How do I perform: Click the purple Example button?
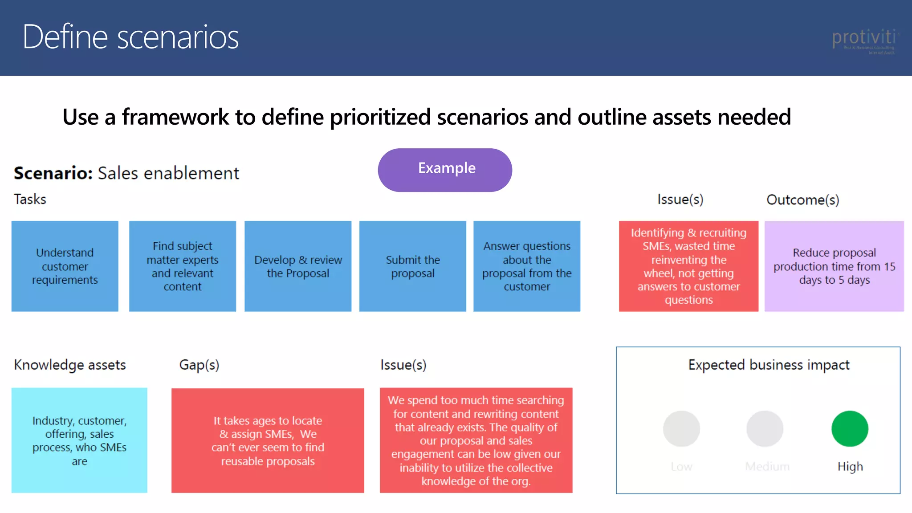click(x=445, y=170)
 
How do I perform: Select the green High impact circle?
click(x=850, y=428)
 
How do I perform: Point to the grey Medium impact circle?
click(x=765, y=428)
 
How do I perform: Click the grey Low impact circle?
click(x=681, y=428)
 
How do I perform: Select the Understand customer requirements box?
click(x=65, y=266)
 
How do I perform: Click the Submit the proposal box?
click(x=412, y=266)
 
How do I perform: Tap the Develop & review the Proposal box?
click(x=298, y=266)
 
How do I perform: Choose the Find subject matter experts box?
click(x=183, y=266)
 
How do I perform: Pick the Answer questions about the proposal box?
click(x=527, y=266)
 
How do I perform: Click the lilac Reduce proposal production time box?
click(x=834, y=266)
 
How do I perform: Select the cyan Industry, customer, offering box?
click(x=79, y=440)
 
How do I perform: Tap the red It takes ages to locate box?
click(x=268, y=440)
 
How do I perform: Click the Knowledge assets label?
click(x=70, y=365)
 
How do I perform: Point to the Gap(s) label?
click(x=199, y=365)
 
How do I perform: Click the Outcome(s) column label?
click(x=802, y=199)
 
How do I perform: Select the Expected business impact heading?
click(x=769, y=365)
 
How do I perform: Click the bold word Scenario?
click(x=53, y=173)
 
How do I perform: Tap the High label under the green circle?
click(x=850, y=466)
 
